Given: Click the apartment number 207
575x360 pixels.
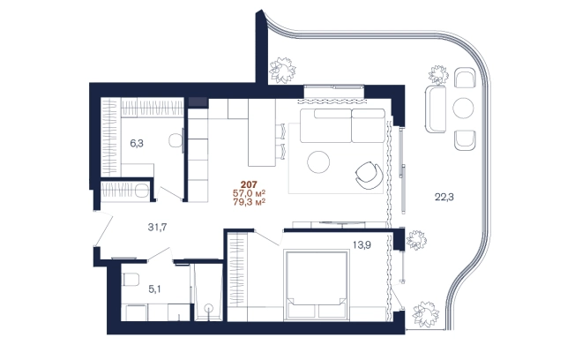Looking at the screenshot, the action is point(249,184).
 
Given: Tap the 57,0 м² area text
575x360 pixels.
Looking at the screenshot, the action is point(249,193).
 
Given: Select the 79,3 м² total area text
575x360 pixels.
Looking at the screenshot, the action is point(249,202).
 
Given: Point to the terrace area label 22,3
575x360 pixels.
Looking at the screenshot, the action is point(444,197).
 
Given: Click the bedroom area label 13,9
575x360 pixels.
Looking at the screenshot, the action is point(362,244).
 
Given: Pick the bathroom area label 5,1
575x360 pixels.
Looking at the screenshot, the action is point(154,289).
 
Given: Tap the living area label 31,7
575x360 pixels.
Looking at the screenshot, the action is point(157,228).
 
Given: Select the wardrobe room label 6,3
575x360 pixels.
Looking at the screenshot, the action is point(137,144).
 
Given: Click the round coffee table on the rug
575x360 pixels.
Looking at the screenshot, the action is point(318,161).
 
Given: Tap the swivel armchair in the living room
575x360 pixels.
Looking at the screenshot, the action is point(369,176).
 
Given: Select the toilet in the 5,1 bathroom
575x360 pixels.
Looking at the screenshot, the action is point(131,280).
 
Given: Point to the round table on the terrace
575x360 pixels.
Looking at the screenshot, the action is point(463,108).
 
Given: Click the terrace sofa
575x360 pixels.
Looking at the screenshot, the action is point(436,109).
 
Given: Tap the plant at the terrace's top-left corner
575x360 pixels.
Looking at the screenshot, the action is point(282,70).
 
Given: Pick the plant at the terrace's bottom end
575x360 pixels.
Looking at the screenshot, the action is point(425,314).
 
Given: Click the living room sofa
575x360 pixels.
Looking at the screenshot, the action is point(342,125).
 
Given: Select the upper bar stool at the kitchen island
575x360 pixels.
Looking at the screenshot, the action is point(280,131).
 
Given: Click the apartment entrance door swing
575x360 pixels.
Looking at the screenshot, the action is point(104,229).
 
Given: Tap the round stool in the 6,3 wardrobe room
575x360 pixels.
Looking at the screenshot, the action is point(176,140).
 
